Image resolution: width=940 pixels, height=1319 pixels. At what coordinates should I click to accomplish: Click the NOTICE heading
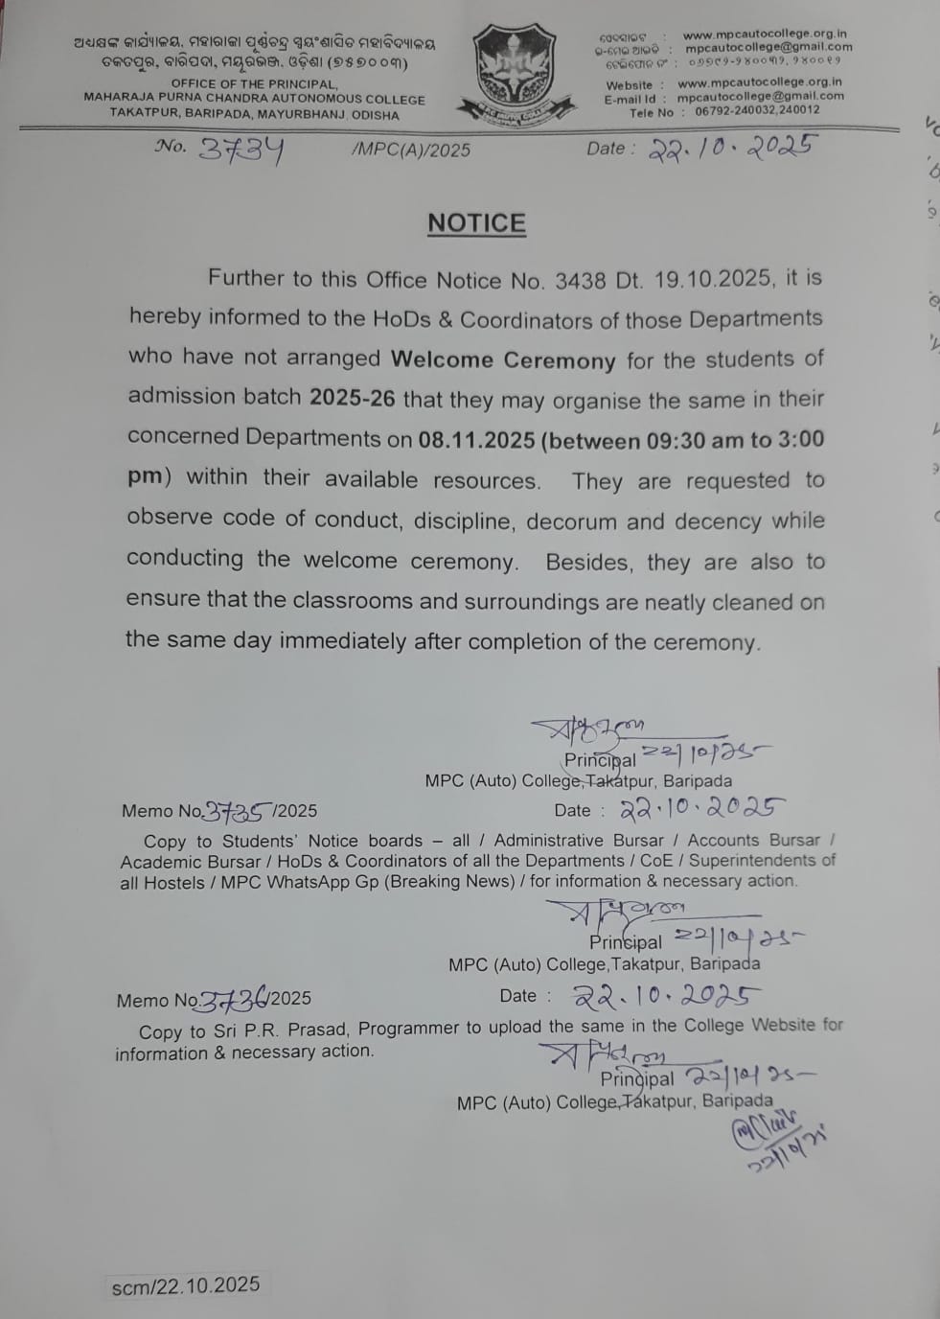476,223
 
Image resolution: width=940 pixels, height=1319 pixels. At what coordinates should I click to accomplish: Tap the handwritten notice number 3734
241,150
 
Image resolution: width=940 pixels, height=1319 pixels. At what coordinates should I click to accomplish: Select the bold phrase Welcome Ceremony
503,360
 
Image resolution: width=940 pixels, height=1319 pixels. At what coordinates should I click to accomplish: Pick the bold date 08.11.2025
476,440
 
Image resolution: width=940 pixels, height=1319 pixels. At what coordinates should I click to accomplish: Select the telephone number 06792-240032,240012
757,111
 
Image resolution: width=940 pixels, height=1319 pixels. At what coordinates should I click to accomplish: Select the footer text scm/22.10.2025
185,1285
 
